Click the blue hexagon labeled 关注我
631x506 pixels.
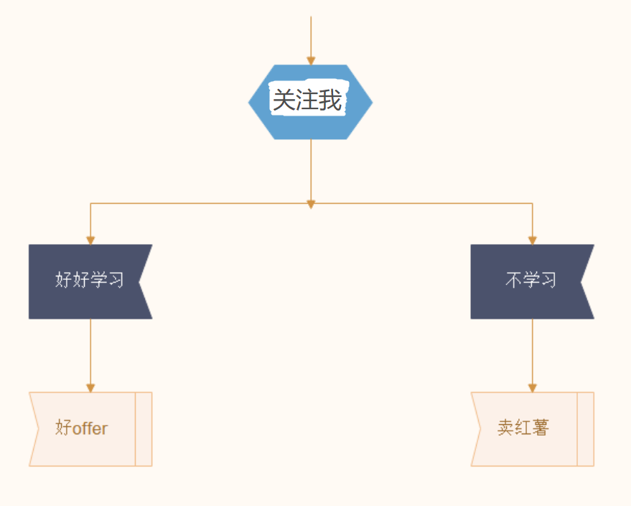tap(311, 102)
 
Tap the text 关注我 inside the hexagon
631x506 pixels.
tap(307, 100)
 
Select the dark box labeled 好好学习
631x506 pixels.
tap(90, 281)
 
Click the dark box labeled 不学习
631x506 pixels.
tap(532, 281)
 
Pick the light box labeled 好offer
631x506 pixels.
tap(90, 428)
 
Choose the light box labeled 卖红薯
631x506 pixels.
tap(532, 428)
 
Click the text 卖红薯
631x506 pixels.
tap(523, 428)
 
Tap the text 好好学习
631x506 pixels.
tap(89, 279)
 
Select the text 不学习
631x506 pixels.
tap(530, 279)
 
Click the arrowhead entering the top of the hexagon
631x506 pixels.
tap(311, 60)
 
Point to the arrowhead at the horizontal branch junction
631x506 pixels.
tap(311, 205)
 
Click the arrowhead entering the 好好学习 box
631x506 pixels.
tap(90, 240)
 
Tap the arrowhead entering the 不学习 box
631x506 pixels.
tap(533, 240)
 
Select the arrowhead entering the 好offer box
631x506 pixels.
tap(90, 388)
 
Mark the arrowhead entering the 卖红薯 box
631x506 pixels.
tap(533, 388)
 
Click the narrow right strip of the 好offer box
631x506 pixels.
tap(144, 428)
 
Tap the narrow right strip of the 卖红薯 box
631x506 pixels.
tap(586, 428)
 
